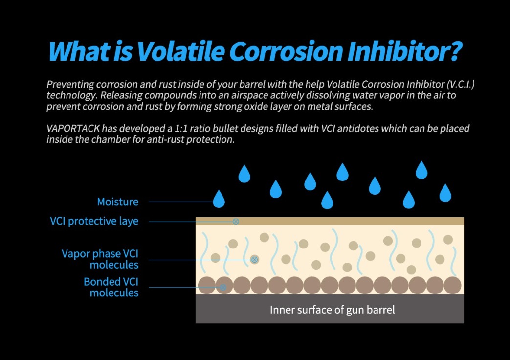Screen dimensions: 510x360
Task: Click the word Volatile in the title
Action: coord(180,51)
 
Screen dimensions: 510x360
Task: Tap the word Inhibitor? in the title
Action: coord(404,51)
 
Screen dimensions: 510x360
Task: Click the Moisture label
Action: coord(118,202)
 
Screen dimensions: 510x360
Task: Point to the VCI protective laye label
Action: coord(94,221)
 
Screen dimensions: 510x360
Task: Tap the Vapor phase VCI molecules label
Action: coord(100,259)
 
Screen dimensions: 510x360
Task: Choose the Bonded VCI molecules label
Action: coord(111,287)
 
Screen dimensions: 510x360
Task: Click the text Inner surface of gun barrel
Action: coord(333,310)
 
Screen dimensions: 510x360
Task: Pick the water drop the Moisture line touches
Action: coord(219,199)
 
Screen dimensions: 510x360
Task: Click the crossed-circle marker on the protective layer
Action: coord(236,222)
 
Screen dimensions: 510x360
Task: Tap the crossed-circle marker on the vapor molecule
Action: coord(255,260)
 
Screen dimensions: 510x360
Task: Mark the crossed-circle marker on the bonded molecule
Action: coord(223,287)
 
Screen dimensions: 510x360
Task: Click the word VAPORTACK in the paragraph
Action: coord(73,129)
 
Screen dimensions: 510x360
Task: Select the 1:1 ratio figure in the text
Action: coord(181,129)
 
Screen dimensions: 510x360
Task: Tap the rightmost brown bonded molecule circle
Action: coord(452,285)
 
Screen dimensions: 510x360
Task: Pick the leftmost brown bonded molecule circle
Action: coord(207,285)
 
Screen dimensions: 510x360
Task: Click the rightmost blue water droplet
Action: coord(445,193)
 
